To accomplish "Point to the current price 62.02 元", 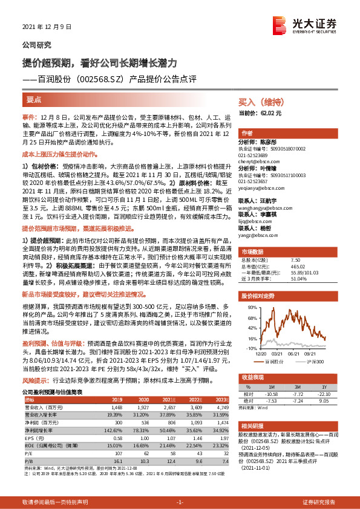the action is [x=270, y=113].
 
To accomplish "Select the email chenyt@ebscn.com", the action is [x=258, y=161].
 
